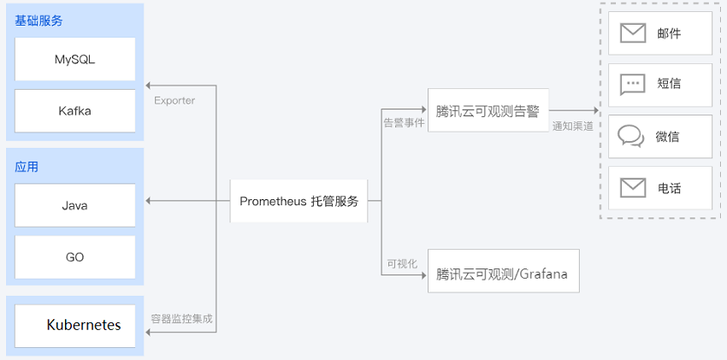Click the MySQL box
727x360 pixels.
pos(75,59)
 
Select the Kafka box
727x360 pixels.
pos(75,110)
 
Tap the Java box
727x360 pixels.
pos(75,205)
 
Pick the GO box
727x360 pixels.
pos(75,257)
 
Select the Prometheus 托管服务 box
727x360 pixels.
pos(298,202)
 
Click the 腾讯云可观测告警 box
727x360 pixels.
pos(488,110)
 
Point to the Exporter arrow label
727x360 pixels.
pos(174,101)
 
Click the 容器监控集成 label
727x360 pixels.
pos(181,319)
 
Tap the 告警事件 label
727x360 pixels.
pos(404,123)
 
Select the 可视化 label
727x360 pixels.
pos(402,263)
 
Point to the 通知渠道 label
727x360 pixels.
pos(573,126)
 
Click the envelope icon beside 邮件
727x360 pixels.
pos(633,33)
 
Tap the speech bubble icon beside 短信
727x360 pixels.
pos(633,85)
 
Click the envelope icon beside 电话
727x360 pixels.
pos(633,187)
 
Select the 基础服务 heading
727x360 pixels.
pos(38,21)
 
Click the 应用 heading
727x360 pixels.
pos(27,167)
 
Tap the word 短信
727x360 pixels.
pos(669,85)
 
